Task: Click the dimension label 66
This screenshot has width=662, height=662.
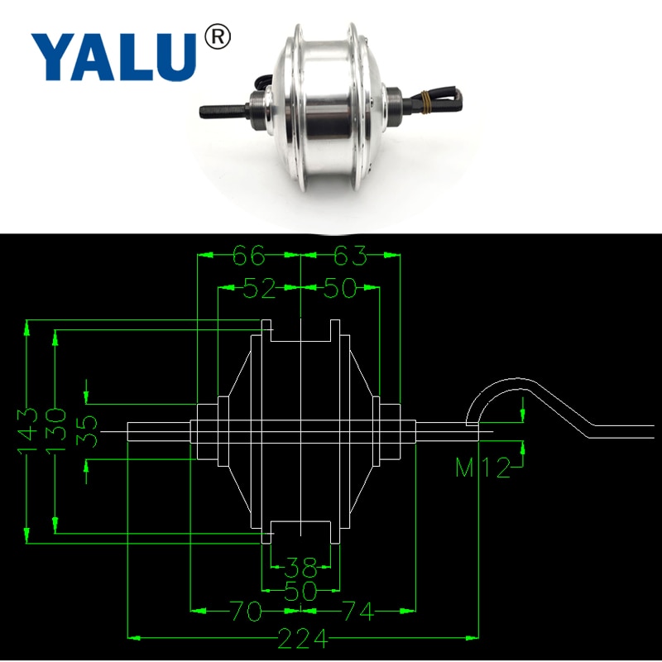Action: (247, 256)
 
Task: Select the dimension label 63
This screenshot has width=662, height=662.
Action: (349, 256)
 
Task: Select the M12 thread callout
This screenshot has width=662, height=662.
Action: (484, 468)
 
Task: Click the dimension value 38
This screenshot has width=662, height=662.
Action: (300, 568)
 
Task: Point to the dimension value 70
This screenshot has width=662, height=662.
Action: (246, 612)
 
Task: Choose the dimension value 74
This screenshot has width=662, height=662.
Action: (357, 612)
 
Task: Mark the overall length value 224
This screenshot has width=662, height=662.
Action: (303, 638)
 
